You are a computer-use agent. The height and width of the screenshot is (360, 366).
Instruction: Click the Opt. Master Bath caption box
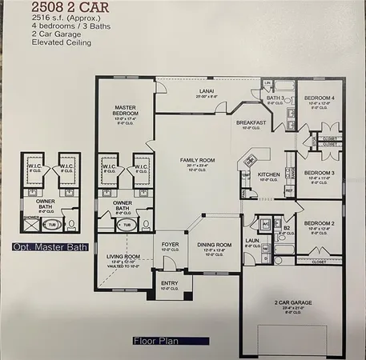44,247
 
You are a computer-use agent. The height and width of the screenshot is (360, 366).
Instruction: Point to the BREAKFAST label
251,122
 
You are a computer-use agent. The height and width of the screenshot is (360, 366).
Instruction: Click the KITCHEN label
268,174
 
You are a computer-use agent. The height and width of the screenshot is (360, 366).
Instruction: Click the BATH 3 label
276,98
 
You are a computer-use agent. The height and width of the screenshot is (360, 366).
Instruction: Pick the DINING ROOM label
214,244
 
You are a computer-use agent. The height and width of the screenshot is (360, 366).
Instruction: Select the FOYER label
171,244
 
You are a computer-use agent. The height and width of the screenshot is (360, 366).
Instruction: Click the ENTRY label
170,283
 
